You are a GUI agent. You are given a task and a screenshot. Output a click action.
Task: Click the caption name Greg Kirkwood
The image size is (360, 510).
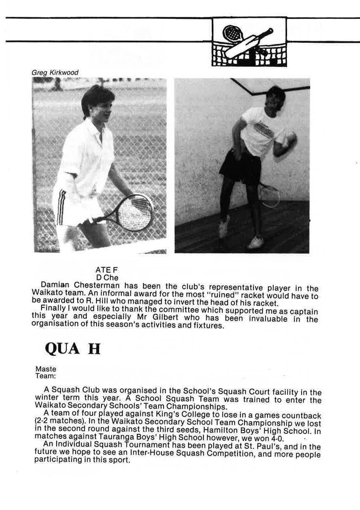55,73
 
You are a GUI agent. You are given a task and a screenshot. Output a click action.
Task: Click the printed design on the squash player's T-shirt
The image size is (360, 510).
263,130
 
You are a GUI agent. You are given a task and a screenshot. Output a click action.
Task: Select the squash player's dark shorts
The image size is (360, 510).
240,167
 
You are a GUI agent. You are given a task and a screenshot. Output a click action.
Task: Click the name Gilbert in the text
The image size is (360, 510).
183,318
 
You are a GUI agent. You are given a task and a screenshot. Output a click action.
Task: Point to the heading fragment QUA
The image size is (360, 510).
62,349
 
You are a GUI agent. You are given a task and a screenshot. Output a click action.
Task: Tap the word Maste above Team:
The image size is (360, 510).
46,369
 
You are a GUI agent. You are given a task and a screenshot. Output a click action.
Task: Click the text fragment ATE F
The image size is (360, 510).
106,270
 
